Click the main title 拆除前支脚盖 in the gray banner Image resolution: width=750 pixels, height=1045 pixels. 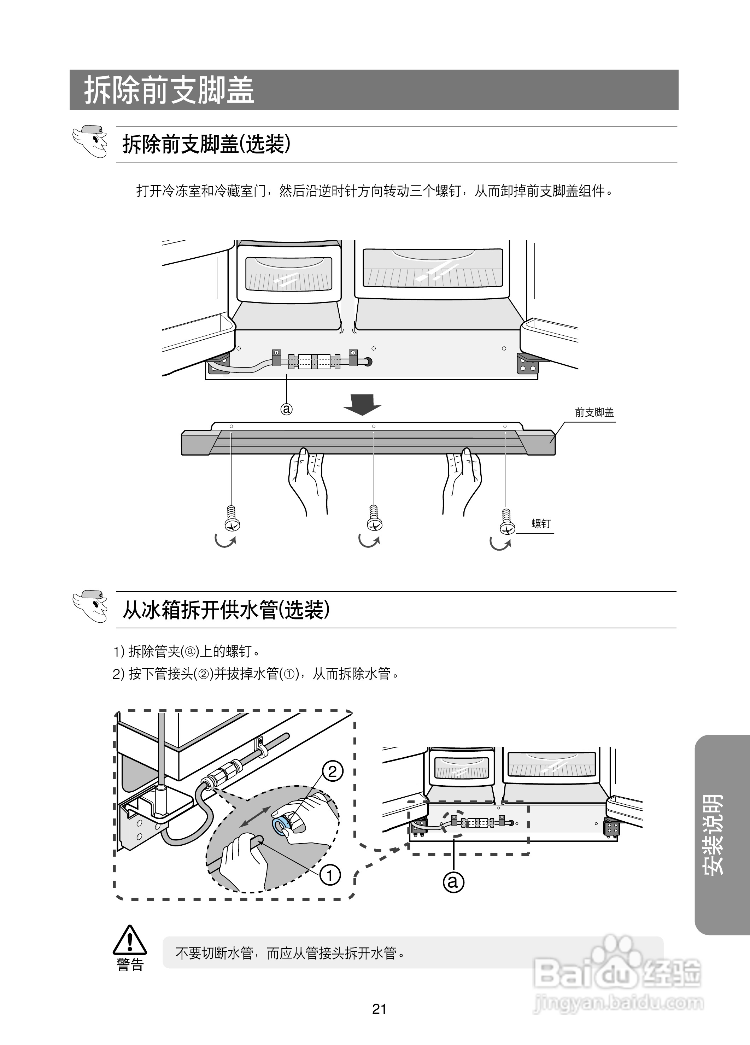[x=169, y=90]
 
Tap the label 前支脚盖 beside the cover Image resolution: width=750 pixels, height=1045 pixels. [x=594, y=412]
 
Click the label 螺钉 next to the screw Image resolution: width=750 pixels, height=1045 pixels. [x=540, y=523]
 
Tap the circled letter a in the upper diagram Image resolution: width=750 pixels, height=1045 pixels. [x=287, y=409]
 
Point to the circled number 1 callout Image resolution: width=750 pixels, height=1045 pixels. [x=330, y=875]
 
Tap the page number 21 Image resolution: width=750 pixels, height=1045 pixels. [x=379, y=1009]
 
